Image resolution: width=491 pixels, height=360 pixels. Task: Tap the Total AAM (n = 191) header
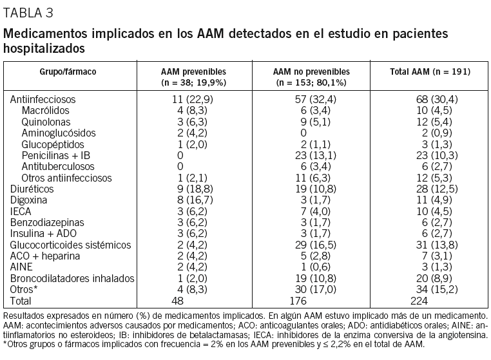[x=430, y=71]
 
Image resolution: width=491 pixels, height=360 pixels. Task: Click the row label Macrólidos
[x=46, y=111]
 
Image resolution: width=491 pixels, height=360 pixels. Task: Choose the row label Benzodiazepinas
[x=45, y=222]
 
